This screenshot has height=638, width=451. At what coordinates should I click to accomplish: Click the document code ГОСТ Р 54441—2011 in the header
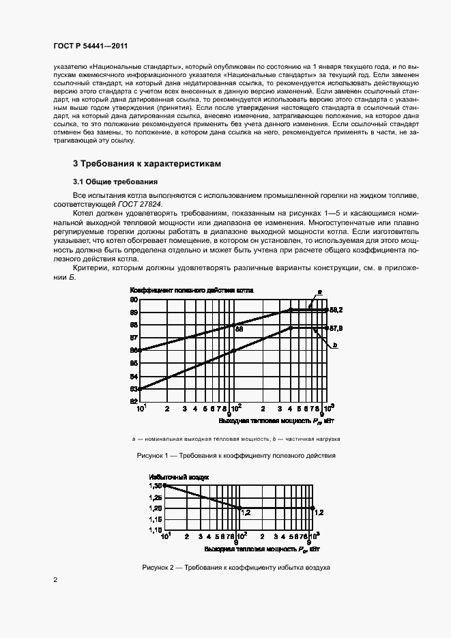[91, 45]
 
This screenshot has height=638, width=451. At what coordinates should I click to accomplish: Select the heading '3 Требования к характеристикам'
[147, 164]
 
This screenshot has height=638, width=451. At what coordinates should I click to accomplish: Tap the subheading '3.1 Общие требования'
[115, 182]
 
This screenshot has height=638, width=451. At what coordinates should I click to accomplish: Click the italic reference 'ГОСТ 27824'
[147, 203]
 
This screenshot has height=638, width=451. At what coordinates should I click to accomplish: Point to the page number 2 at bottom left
[55, 580]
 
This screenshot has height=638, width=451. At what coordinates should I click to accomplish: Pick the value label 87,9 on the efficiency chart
[336, 328]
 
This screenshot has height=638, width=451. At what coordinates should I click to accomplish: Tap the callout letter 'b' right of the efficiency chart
[336, 347]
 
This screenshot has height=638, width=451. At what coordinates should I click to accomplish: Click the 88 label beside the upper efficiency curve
[239, 329]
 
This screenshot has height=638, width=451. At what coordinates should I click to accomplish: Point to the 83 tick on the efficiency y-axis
[134, 389]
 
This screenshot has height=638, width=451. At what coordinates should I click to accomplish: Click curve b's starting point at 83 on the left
[141, 389]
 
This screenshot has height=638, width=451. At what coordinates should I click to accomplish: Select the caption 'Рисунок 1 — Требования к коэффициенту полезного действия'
[235, 455]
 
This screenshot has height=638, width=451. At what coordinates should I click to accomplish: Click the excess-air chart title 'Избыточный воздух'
[179, 476]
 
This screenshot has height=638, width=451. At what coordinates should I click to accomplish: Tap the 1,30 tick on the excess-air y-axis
[156, 485]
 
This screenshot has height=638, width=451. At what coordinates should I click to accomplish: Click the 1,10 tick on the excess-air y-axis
[156, 530]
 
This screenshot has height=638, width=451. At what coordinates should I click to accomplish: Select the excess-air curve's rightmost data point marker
[312, 508]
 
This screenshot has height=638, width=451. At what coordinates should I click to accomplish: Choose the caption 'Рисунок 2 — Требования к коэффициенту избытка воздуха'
[235, 567]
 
